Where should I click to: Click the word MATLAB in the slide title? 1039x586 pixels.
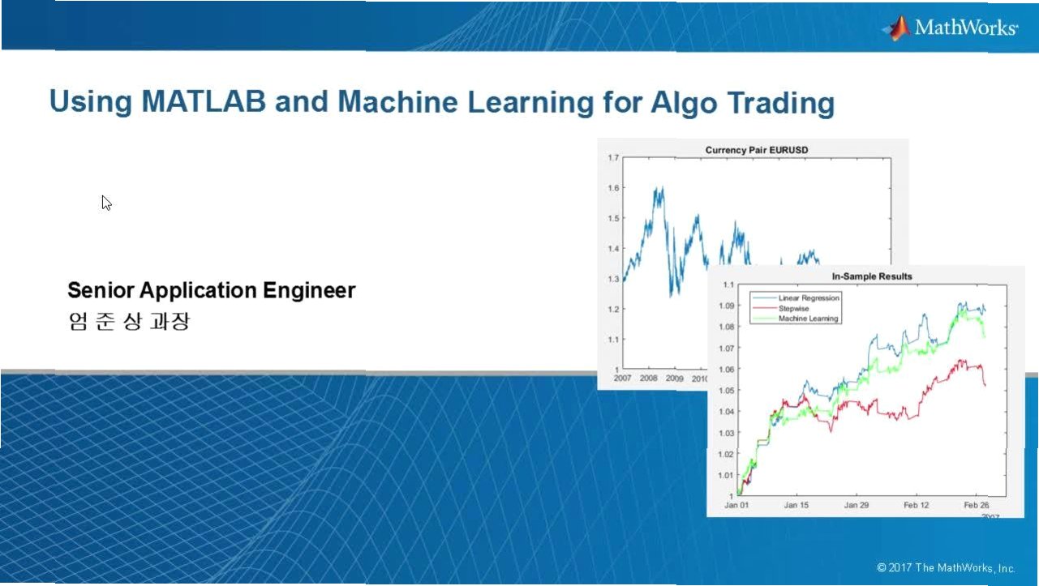(x=204, y=101)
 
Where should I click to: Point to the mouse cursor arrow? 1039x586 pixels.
(x=106, y=203)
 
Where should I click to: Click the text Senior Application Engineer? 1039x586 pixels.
(x=212, y=291)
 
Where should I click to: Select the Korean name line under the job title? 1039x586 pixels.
(x=129, y=321)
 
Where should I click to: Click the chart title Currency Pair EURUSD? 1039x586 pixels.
(x=757, y=150)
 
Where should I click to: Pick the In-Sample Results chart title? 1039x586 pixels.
(x=872, y=276)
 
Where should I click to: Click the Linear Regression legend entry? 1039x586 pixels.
(x=809, y=298)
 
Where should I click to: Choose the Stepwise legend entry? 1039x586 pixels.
(x=793, y=308)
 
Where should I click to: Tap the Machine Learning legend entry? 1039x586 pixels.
(x=808, y=319)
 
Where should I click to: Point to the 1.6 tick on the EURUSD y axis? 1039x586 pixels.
(x=613, y=188)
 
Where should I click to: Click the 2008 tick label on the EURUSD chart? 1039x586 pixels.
(x=648, y=379)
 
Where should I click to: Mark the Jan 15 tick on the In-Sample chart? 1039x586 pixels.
(x=796, y=505)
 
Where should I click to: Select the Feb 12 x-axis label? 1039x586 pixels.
(x=917, y=505)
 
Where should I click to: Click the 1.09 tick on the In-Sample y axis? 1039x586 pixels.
(x=727, y=306)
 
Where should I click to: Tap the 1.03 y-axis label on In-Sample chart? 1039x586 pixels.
(x=727, y=433)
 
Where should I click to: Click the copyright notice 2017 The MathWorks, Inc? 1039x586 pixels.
(x=946, y=568)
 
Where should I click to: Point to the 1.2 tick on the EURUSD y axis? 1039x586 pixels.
(x=613, y=310)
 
